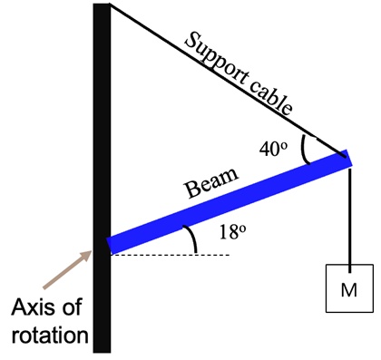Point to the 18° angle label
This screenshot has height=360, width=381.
232,232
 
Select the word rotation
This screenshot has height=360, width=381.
50,336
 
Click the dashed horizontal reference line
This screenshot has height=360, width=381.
172,254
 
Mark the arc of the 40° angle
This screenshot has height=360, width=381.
305,151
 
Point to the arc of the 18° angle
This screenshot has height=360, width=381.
192,239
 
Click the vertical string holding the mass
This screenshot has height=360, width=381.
349,213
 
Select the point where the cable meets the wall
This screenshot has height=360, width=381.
111,5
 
